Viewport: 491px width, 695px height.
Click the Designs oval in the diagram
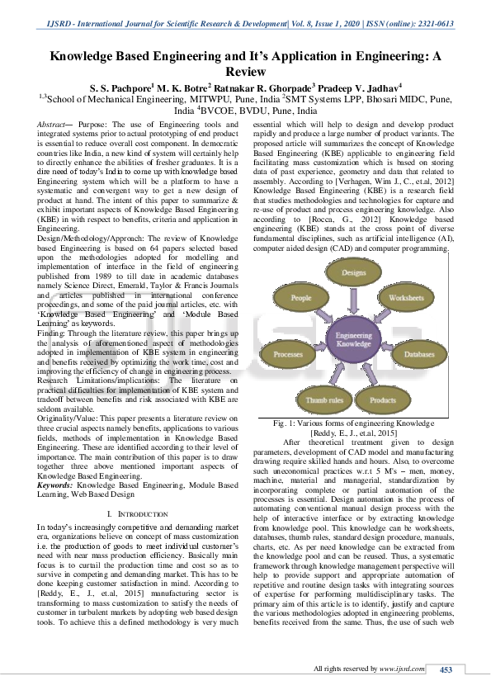point(354,272)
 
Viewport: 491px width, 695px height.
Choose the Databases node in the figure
point(419,354)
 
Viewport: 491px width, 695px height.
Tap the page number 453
point(446,669)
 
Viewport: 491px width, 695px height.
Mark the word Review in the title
point(245,71)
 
